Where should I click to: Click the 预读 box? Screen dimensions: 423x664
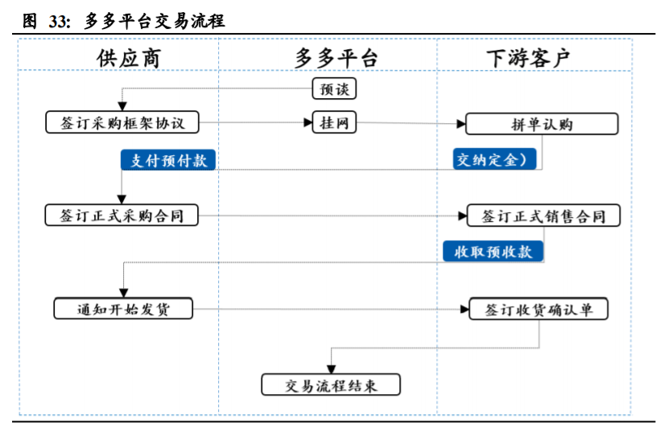(334, 88)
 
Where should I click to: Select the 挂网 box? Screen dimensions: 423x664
(334, 123)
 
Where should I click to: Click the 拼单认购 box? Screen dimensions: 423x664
(542, 124)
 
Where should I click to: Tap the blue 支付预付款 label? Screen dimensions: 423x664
(169, 159)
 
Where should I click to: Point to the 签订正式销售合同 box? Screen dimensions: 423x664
(543, 216)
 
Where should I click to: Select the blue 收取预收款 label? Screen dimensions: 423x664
(493, 252)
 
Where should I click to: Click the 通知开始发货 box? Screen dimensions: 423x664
(123, 309)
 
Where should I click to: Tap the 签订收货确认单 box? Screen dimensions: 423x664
(538, 309)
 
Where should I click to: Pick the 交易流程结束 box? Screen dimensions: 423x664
(331, 385)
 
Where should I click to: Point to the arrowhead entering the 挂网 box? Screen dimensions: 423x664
(307, 123)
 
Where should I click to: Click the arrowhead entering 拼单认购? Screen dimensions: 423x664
(461, 124)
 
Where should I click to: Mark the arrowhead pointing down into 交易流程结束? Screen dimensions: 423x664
(331, 370)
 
